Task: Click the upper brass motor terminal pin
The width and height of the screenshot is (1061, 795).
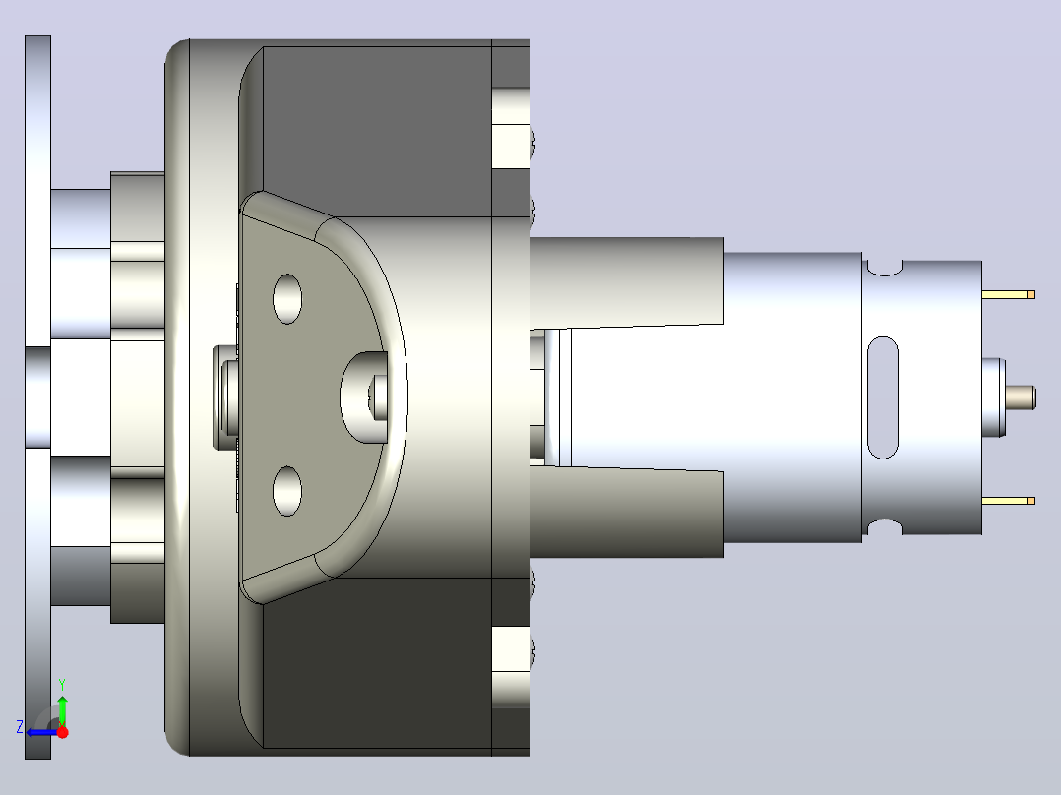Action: pyautogui.click(x=1008, y=294)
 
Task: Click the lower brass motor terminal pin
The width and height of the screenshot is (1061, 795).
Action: pyautogui.click(x=1008, y=501)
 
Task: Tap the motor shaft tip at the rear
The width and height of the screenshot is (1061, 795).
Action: pyautogui.click(x=1021, y=397)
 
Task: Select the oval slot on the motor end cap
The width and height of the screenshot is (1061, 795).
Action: pyautogui.click(x=882, y=397)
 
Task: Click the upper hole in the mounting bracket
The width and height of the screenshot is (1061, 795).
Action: pyautogui.click(x=287, y=299)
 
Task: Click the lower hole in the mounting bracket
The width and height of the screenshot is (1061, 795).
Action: pyautogui.click(x=287, y=491)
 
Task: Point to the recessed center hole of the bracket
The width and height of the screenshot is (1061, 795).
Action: pyautogui.click(x=363, y=397)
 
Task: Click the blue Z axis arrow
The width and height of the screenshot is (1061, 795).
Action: pyautogui.click(x=42, y=732)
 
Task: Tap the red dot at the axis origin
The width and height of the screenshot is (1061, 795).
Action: pyautogui.click(x=62, y=732)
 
